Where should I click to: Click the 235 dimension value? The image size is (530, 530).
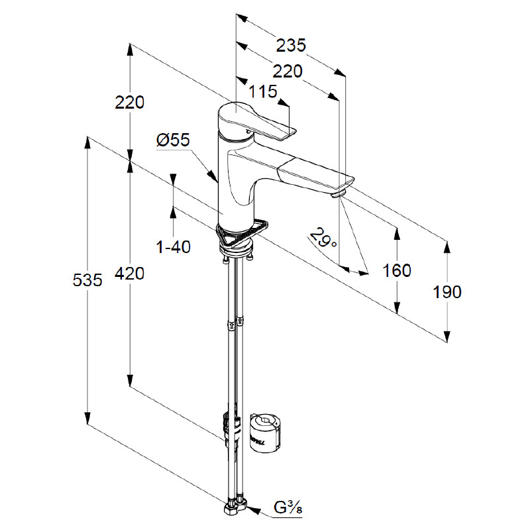(291, 46)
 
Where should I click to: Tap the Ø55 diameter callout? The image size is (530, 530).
(173, 140)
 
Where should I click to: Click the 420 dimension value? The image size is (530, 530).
(129, 272)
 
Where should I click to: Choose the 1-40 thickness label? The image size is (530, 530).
(173, 247)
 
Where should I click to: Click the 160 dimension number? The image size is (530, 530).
(397, 270)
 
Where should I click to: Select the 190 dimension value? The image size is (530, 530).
(447, 291)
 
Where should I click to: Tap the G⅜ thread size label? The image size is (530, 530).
(290, 509)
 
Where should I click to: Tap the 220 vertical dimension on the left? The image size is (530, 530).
(129, 103)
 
